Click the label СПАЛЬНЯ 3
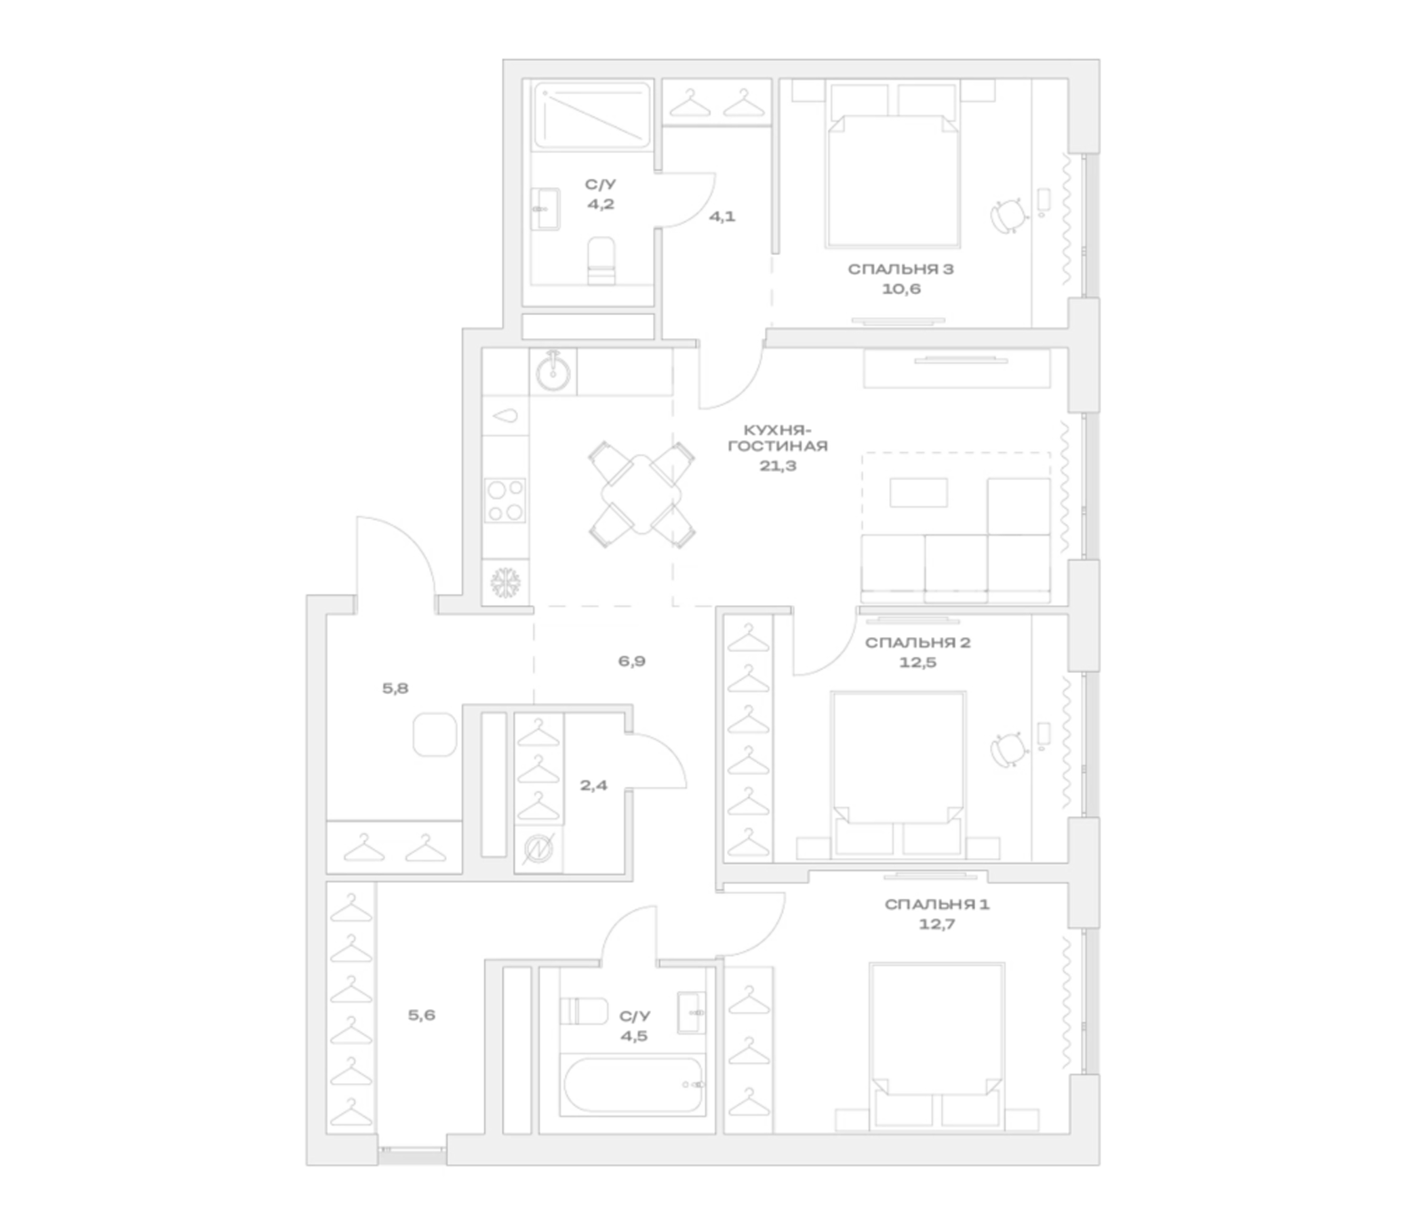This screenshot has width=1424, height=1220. pos(901,269)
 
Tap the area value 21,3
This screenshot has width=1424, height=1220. pos(778,466)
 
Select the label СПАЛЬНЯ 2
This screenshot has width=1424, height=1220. pos(917,643)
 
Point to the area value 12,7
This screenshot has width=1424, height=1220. pos(937,924)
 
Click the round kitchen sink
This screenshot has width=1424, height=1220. pos(553,371)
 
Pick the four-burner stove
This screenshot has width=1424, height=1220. pos(506,501)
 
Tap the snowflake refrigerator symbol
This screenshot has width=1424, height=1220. pos(506,582)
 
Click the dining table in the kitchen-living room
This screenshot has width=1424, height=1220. pos(641,495)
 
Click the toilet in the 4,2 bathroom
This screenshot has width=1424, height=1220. pos(601,261)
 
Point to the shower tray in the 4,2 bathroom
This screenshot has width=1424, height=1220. pos(592,115)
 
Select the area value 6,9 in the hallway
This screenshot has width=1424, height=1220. pos(631,661)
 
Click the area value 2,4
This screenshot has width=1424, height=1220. pos(594,785)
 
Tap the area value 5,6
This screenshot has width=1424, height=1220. pos(421,1015)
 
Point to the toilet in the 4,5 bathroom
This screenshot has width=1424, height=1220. pos(583,1011)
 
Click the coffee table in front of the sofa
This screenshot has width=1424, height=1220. pos(918,493)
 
